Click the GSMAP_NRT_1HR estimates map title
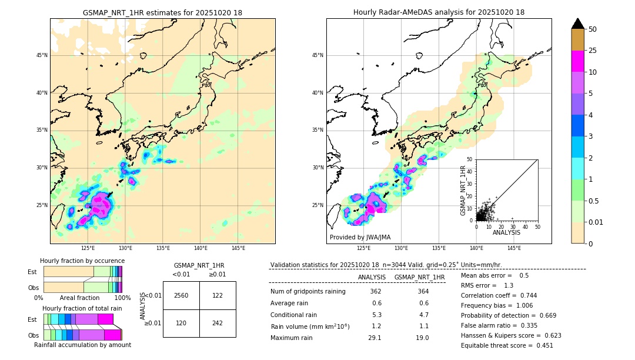[162, 12]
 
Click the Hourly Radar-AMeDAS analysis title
[439, 12]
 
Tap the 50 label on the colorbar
[593, 29]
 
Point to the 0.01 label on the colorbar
[596, 222]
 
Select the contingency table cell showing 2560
[181, 295]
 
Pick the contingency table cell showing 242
[218, 323]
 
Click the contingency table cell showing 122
[218, 295]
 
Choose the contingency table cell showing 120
[181, 323]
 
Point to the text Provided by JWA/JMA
[360, 237]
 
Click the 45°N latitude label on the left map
[42, 55]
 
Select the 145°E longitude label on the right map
[514, 248]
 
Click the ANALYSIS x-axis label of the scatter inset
[506, 232]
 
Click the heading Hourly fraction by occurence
[82, 261]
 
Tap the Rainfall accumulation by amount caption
[82, 345]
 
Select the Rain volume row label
[310, 326]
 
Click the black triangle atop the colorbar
[578, 24]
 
